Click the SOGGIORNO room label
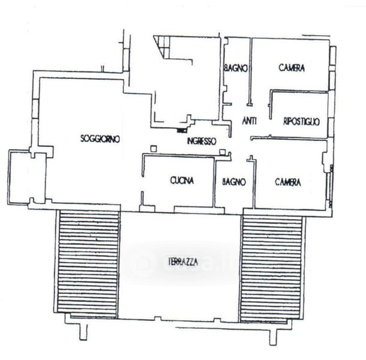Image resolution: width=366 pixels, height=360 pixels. click(x=100, y=139)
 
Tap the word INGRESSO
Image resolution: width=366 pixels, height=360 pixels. click(x=202, y=141)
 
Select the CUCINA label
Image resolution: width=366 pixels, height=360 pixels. click(x=182, y=181)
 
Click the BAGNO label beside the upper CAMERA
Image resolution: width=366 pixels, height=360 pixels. click(x=236, y=68)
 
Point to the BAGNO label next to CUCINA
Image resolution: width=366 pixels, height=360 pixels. click(x=234, y=182)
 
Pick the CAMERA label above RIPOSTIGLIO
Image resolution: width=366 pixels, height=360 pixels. click(x=292, y=68)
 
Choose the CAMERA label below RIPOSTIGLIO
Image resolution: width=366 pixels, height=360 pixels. click(x=288, y=182)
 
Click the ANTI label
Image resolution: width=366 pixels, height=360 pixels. click(x=249, y=121)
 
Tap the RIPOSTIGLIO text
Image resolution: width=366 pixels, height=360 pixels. click(x=301, y=121)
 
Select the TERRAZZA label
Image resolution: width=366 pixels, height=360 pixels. click(x=183, y=262)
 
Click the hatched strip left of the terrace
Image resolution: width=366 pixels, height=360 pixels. click(x=88, y=264)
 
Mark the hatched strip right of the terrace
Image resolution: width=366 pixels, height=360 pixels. click(x=271, y=268)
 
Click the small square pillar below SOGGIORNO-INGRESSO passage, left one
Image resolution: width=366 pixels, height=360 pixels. click(x=153, y=148)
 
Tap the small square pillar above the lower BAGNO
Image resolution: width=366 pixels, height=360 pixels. click(x=223, y=152)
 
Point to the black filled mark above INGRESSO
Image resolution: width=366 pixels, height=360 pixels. click(x=181, y=131)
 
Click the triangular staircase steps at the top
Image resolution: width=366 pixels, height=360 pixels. click(x=161, y=46)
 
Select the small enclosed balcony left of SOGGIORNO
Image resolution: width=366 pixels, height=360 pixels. click(x=27, y=178)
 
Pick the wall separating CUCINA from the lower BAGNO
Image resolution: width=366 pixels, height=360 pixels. click(x=214, y=183)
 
